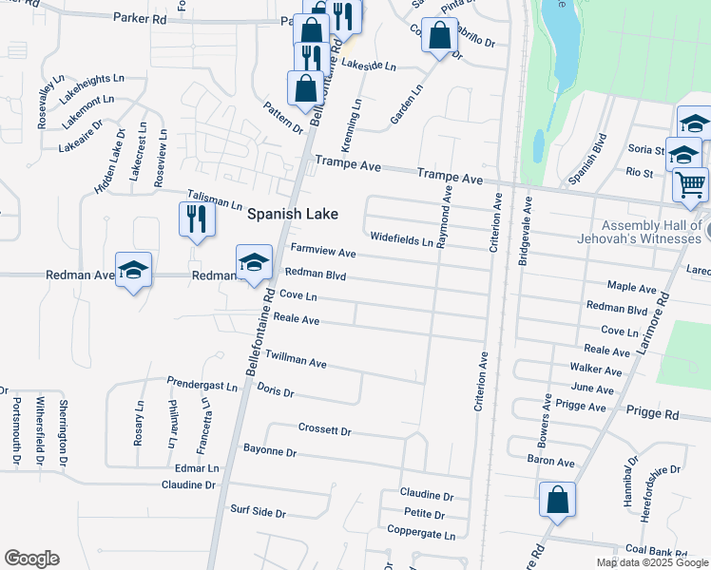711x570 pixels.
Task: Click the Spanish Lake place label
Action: point(293,215)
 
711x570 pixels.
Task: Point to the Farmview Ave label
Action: point(322,253)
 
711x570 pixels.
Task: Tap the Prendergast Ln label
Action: point(202,386)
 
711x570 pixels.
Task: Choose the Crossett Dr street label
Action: point(324,429)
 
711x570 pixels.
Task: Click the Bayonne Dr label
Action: point(270,449)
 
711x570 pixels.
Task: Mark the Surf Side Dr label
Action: point(258,512)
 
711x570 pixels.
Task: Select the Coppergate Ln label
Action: point(421,535)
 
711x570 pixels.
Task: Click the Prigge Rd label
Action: point(653,414)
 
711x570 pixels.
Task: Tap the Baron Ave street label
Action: point(550,462)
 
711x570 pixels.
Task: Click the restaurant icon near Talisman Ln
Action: point(194,219)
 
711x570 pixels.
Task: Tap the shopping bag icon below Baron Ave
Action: point(557,499)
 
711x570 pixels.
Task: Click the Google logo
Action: point(31,559)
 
